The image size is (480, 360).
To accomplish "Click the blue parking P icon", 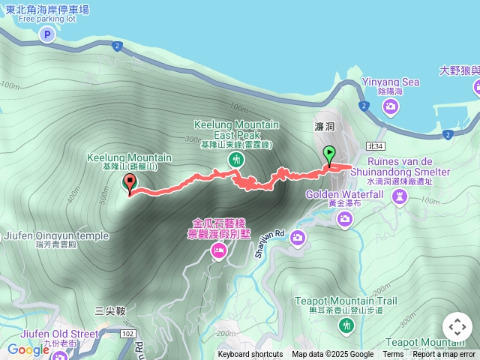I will click(x=47, y=34).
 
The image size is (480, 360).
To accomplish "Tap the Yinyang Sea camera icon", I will click(x=390, y=107).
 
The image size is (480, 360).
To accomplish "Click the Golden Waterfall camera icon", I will click(x=344, y=218).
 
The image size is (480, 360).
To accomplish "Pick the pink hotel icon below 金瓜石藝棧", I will click(x=218, y=251).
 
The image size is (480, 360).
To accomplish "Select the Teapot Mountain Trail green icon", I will click(x=346, y=325).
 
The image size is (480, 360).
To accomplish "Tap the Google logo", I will click(x=28, y=349).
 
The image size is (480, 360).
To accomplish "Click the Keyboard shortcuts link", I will click(x=250, y=355).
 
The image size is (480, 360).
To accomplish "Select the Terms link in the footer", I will click(x=393, y=355).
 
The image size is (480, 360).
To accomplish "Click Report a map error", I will click(x=444, y=355).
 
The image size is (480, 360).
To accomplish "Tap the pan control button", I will click(x=457, y=327).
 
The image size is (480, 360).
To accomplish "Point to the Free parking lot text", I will click(x=47, y=19).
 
